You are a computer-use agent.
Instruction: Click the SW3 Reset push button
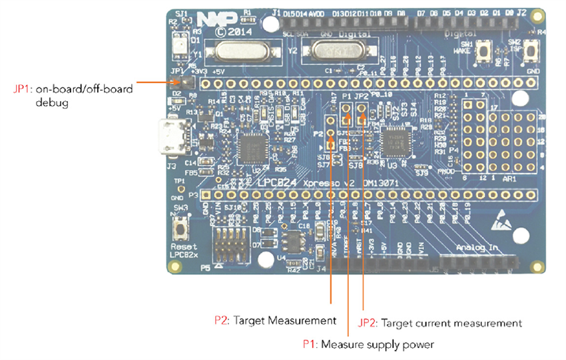[180, 232]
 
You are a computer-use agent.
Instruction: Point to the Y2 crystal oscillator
[328, 50]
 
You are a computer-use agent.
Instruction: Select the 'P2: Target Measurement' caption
[275, 320]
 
